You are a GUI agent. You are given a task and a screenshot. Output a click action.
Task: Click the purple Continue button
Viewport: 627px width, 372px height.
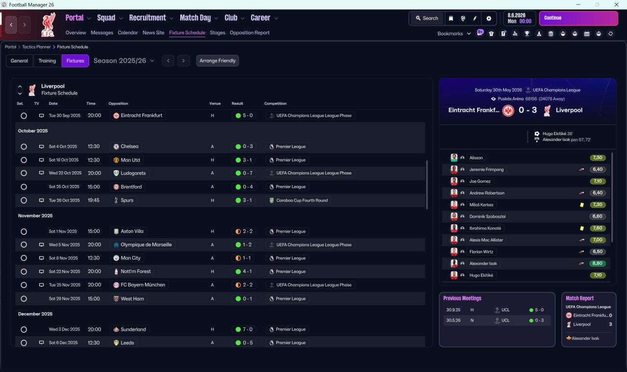[x=578, y=18]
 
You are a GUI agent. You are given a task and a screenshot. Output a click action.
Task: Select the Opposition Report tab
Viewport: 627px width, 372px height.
[x=249, y=33]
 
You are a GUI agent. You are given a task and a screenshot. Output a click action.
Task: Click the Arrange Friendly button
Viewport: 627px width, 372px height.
[x=217, y=61]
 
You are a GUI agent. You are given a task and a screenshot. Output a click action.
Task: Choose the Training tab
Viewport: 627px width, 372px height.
[x=47, y=61]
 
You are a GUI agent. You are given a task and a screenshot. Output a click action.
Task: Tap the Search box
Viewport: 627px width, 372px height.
[x=427, y=18]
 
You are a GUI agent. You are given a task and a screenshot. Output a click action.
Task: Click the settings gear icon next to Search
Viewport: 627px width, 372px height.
[x=488, y=18]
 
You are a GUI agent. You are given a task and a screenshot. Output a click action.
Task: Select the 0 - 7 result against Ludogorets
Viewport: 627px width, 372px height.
[x=244, y=173]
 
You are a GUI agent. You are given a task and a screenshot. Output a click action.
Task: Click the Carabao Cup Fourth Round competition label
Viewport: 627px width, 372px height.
[x=299, y=200]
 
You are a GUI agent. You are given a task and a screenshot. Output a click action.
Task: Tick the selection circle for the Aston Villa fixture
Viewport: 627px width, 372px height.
[x=24, y=232]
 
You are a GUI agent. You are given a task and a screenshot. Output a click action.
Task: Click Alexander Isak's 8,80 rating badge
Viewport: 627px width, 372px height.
[x=598, y=263]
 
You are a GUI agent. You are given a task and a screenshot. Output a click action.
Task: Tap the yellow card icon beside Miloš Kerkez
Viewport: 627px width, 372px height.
[x=581, y=205]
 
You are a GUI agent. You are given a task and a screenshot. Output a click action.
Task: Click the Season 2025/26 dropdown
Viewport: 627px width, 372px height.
[x=124, y=61]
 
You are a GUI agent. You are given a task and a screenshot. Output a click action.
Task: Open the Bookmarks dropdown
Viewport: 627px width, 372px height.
[x=454, y=34]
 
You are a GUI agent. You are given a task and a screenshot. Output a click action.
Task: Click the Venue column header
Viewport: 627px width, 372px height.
[x=215, y=103]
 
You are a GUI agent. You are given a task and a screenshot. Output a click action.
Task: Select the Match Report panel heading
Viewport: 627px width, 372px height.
[x=579, y=298]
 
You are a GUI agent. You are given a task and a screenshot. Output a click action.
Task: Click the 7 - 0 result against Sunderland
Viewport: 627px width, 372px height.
[x=244, y=329]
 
